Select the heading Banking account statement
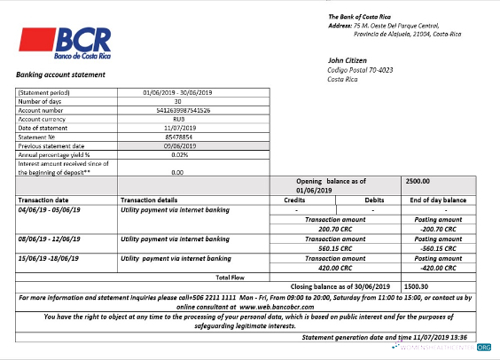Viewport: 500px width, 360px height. [61, 74]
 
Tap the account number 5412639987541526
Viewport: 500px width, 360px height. [176, 110]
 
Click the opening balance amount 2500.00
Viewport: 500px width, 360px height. [418, 181]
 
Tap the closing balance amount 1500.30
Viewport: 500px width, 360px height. [418, 287]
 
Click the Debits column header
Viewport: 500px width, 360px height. [375, 200]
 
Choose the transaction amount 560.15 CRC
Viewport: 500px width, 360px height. [335, 247]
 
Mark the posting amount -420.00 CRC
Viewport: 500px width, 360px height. [438, 267]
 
